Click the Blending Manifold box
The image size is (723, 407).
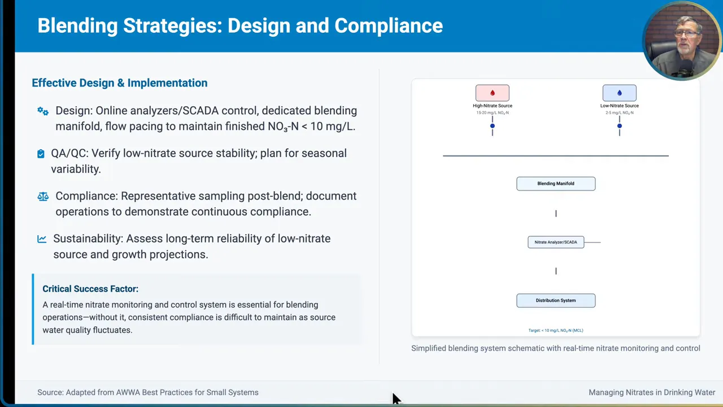point(556,184)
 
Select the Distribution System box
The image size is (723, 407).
point(556,300)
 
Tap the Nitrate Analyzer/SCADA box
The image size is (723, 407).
point(556,243)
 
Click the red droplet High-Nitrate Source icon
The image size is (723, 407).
point(492,93)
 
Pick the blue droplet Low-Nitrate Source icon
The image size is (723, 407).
point(620,93)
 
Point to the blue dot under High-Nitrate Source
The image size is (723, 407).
point(492,126)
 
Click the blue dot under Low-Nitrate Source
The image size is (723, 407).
point(620,126)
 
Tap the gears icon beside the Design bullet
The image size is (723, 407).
point(43,111)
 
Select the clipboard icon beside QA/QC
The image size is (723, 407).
point(41,154)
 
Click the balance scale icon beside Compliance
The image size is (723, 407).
point(43,196)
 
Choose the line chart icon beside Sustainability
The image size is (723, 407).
point(42,239)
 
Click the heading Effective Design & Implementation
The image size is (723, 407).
point(119,83)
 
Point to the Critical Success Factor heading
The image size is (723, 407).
point(90,289)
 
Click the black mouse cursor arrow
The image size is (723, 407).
point(397,399)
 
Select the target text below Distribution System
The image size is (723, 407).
point(556,331)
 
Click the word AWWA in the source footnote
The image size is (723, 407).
point(128,392)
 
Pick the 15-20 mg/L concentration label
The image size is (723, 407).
point(493,112)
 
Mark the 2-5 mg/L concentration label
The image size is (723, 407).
point(620,112)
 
